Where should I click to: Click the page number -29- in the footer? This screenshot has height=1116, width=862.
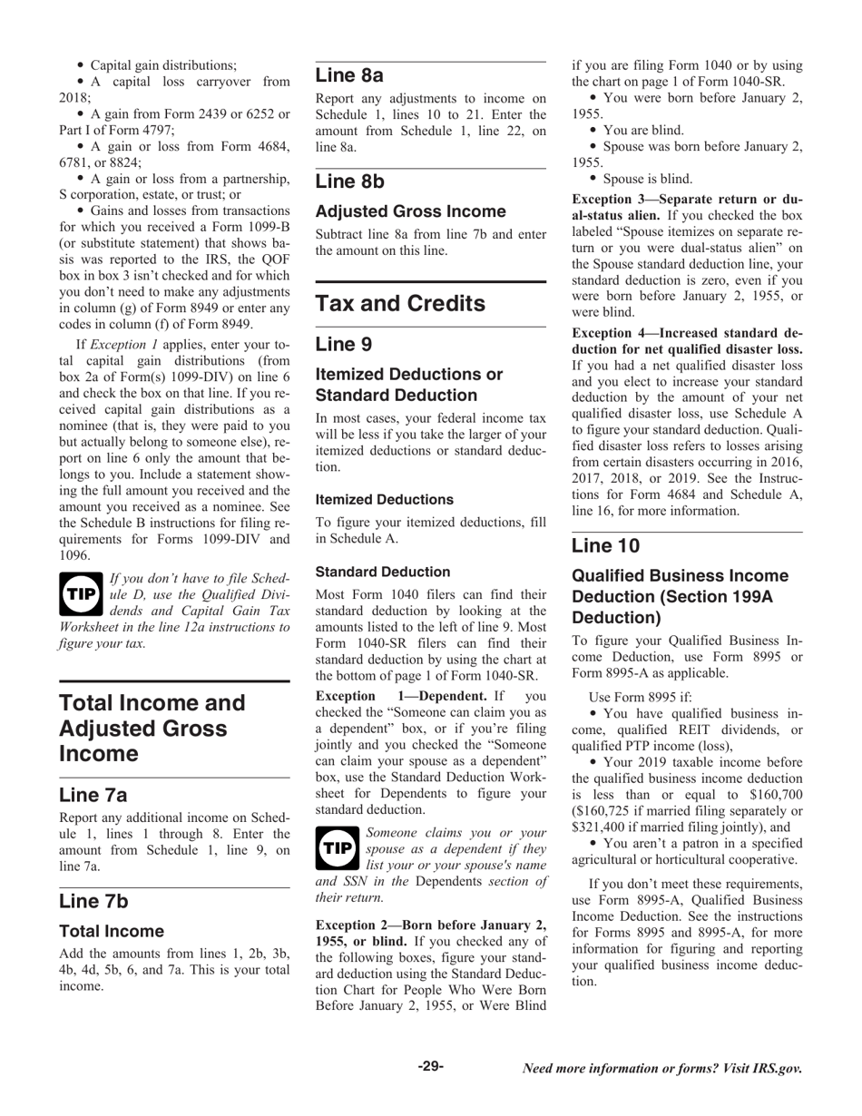[x=430, y=1067]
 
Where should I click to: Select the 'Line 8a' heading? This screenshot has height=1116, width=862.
[x=349, y=74]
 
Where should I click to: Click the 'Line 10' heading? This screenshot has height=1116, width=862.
[x=605, y=545]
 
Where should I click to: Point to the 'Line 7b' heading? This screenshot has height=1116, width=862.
[x=93, y=901]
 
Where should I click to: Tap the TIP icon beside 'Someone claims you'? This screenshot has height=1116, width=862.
[x=337, y=848]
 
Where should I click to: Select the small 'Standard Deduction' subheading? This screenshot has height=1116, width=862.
[x=382, y=573]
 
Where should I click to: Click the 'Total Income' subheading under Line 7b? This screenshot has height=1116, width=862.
[x=112, y=932]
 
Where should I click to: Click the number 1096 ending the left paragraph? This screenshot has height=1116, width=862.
[x=75, y=555]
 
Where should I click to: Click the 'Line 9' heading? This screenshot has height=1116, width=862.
[x=344, y=344]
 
